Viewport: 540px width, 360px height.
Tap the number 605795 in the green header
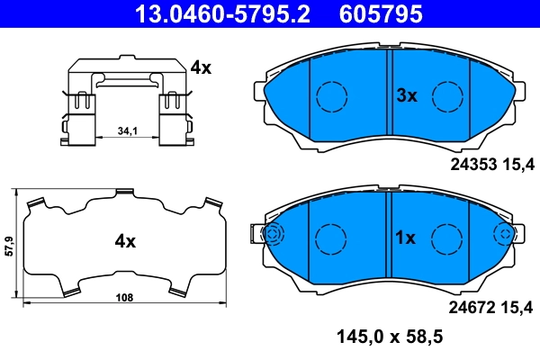coord(380,13)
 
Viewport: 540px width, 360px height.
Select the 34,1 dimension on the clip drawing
coord(127,131)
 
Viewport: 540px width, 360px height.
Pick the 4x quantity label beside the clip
coord(200,67)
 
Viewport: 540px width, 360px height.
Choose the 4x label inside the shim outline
coord(124,241)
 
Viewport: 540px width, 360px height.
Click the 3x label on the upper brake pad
coord(407,95)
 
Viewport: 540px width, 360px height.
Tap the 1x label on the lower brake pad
coord(405,238)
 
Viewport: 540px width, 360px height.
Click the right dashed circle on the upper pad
coord(446,94)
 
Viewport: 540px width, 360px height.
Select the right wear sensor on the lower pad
coord(506,235)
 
